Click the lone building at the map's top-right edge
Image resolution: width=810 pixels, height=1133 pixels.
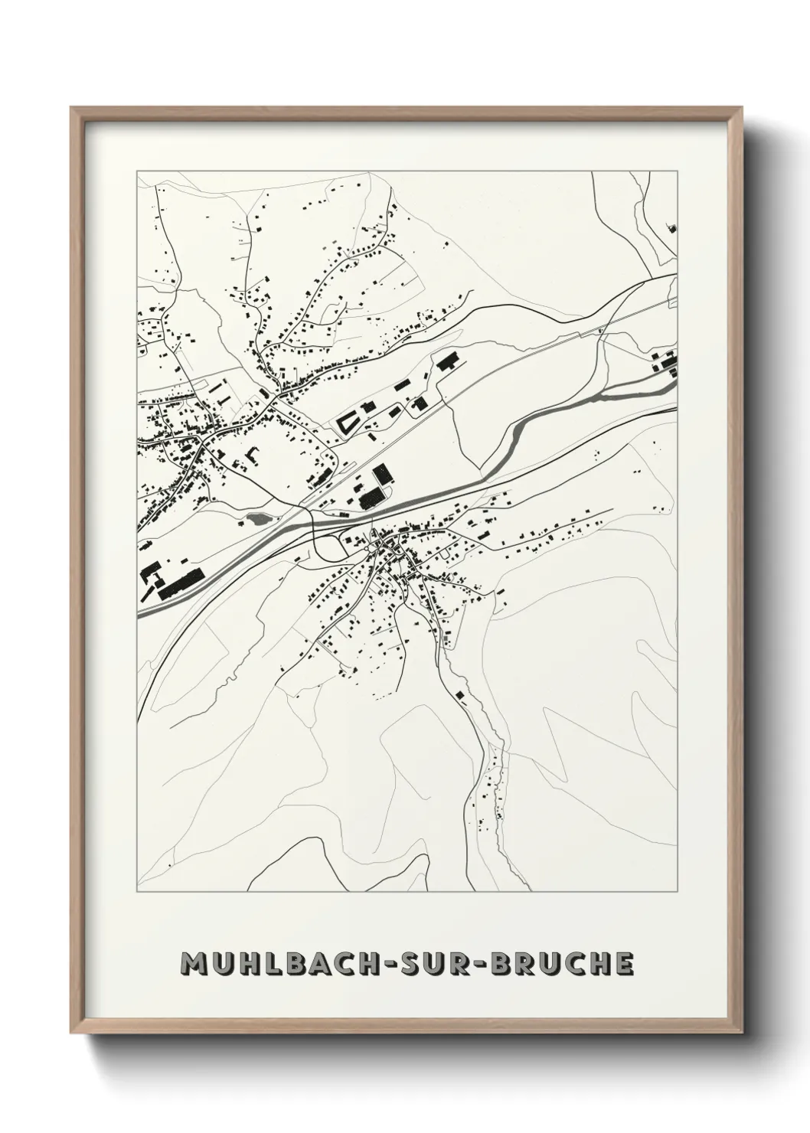click(x=673, y=227)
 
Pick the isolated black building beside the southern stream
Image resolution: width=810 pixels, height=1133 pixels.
click(x=460, y=695)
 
